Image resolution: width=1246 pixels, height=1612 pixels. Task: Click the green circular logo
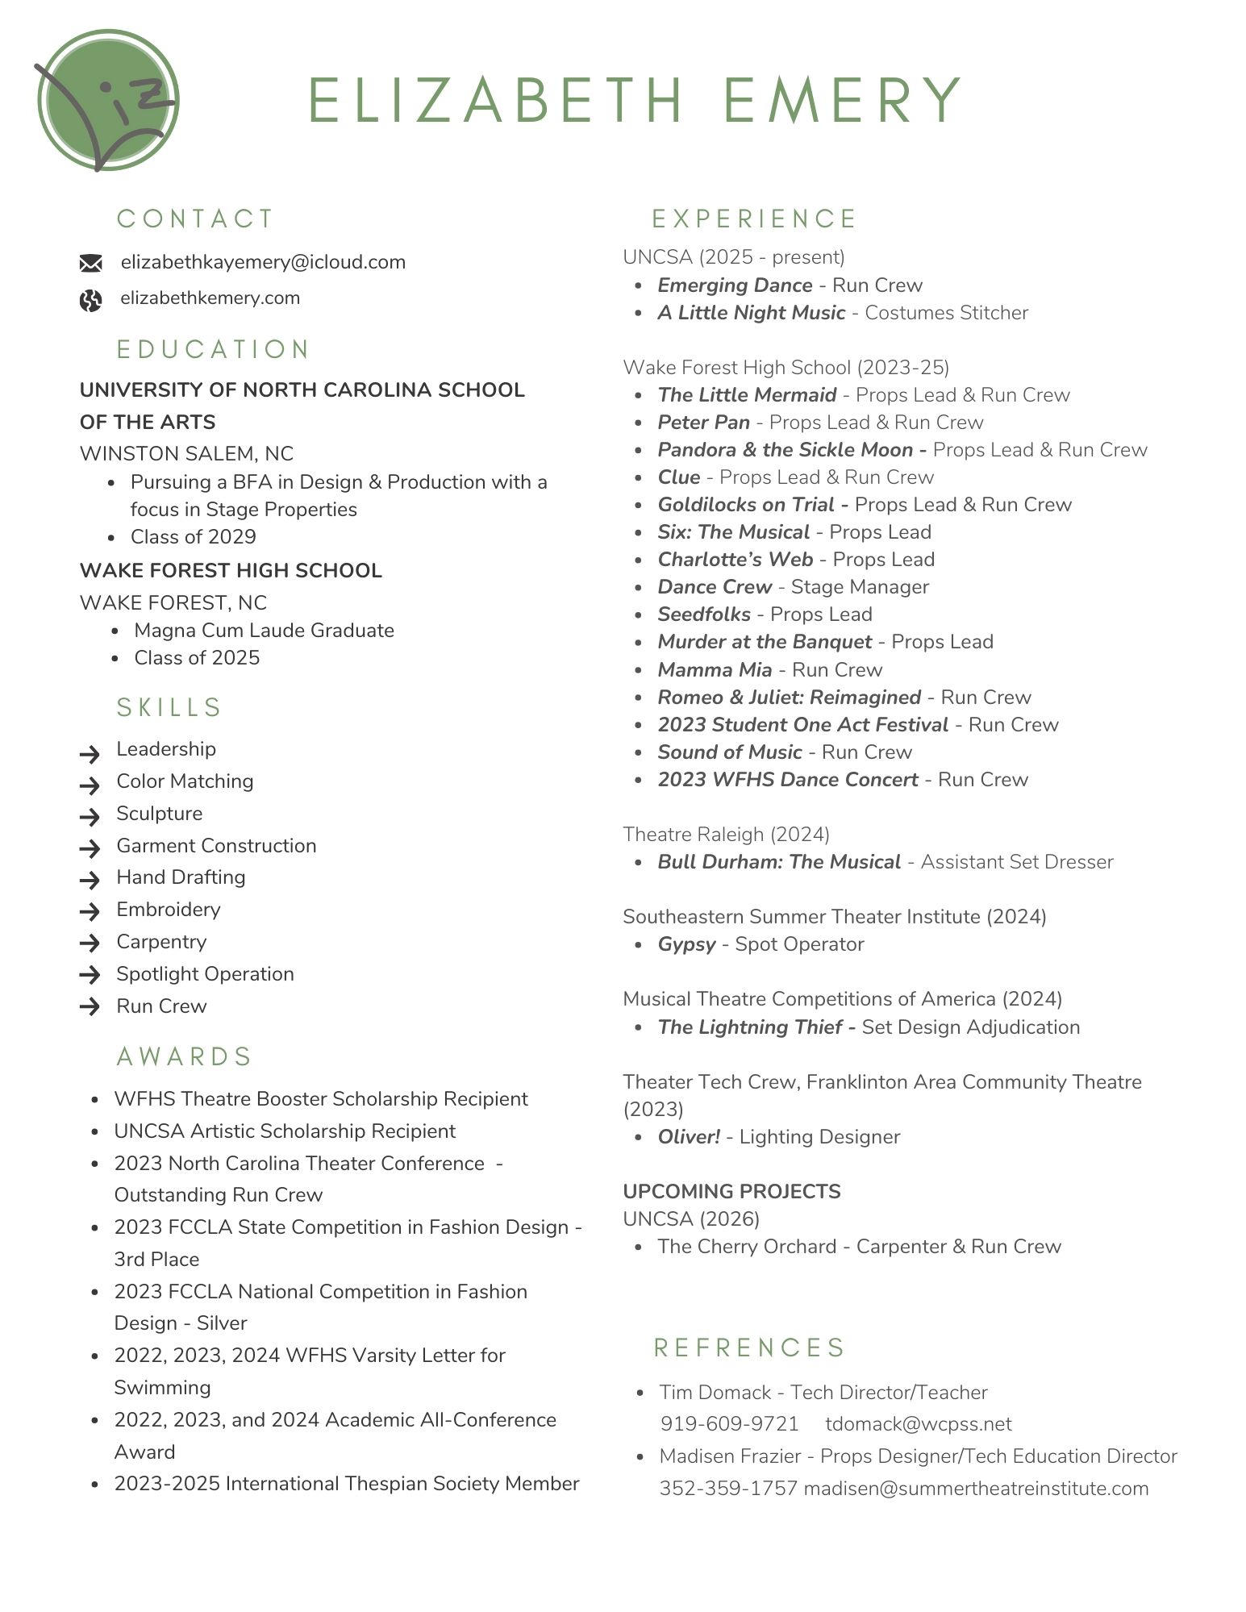[x=107, y=100]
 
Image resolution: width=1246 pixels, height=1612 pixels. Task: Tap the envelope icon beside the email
[x=90, y=263]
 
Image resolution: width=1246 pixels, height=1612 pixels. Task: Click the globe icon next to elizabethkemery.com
[x=90, y=300]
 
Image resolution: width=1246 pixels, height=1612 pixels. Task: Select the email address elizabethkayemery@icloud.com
[x=263, y=262]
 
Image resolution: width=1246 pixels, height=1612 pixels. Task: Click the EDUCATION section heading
[x=213, y=349]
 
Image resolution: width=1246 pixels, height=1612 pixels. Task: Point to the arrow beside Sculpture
[x=90, y=816]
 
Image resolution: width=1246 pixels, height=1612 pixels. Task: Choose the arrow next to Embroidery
[x=90, y=911]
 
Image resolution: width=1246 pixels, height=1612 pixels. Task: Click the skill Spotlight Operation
[x=205, y=973]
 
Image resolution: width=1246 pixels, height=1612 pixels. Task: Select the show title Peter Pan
[x=703, y=422]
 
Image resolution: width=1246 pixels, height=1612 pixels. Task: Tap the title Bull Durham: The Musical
[x=778, y=861]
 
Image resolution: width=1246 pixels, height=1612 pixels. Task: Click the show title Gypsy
[x=686, y=943]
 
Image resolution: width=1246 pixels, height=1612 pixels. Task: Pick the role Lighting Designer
[x=819, y=1136]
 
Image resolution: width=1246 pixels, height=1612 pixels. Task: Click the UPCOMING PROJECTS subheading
[x=731, y=1191]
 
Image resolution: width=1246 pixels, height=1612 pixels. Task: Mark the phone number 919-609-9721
[x=729, y=1423]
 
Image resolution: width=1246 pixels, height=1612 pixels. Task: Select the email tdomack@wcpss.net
[x=918, y=1423]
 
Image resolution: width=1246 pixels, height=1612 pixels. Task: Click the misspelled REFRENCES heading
[x=748, y=1347]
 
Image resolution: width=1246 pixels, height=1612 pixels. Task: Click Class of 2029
[x=194, y=536]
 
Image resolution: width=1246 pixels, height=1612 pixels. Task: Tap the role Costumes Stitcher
[x=946, y=312]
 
